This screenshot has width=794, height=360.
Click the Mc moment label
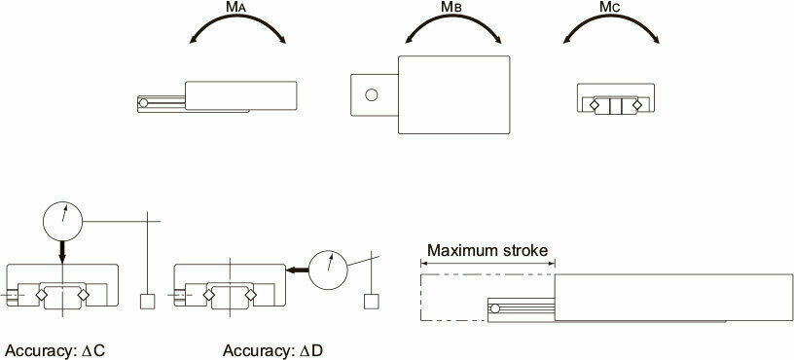click(x=611, y=9)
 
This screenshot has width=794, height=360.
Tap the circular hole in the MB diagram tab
click(x=370, y=95)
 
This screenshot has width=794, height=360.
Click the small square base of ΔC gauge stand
click(x=148, y=301)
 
